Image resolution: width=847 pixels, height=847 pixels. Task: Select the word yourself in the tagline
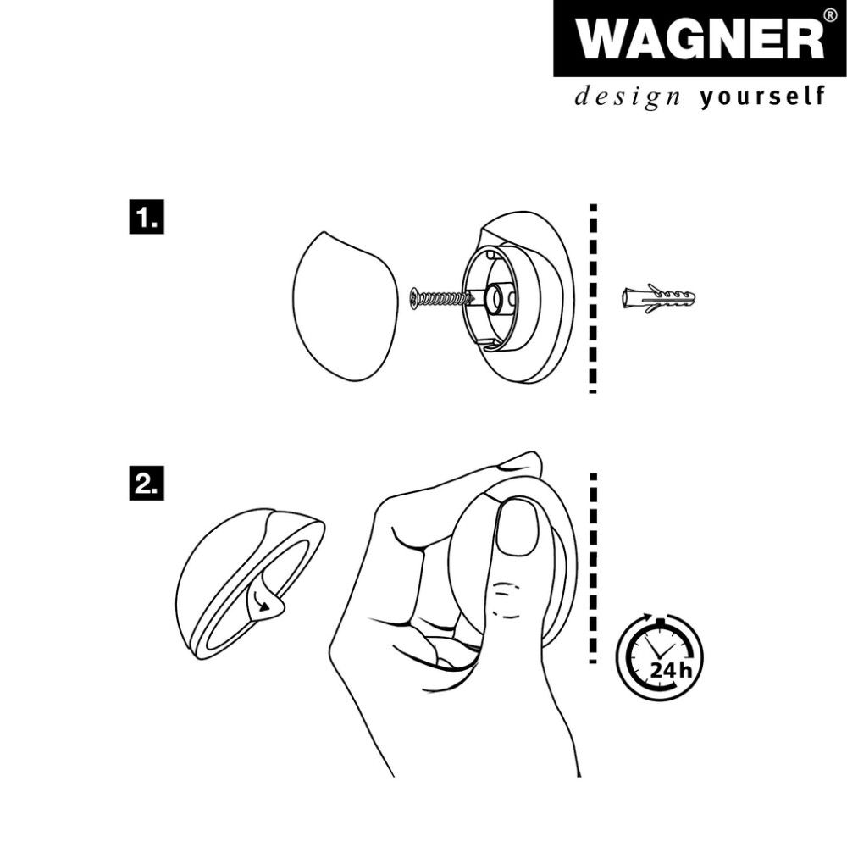[x=762, y=97]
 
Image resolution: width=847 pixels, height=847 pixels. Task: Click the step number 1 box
[x=146, y=218]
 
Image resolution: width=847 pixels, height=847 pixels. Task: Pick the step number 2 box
[x=146, y=483]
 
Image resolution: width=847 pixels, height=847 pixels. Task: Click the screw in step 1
[x=440, y=298]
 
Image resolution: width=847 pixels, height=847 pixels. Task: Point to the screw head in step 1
[x=413, y=297]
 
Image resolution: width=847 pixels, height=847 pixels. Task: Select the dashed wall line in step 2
[x=593, y=567]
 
